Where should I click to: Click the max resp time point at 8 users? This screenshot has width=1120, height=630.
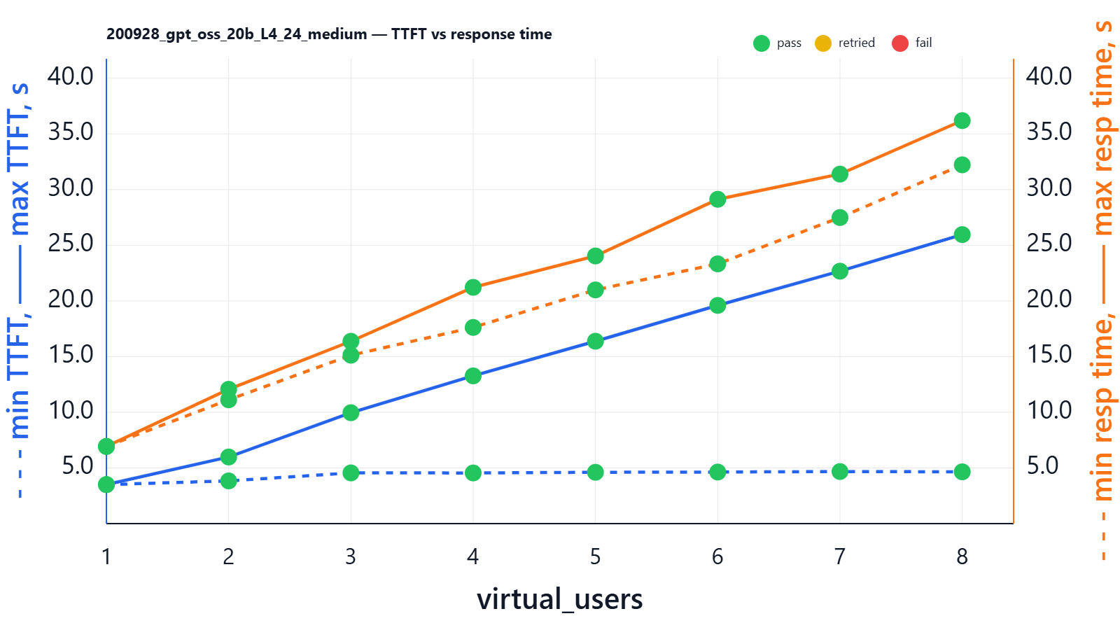[x=962, y=120]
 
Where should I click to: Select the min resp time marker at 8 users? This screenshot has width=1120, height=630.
[x=962, y=164]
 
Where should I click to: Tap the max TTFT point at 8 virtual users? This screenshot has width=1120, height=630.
[x=962, y=234]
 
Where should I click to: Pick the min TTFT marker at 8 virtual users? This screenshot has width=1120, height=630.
[x=962, y=472]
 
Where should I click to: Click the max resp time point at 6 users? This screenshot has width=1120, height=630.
[x=717, y=199]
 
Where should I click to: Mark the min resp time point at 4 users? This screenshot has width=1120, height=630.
[x=473, y=328]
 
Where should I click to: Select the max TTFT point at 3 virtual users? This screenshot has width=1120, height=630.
[x=351, y=412]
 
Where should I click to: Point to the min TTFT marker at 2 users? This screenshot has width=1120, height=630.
[x=228, y=481]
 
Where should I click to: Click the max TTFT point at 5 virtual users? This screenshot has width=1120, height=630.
[x=596, y=341]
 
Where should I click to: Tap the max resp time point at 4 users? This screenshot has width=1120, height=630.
[x=473, y=287]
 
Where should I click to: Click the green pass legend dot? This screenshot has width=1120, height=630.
[x=762, y=43]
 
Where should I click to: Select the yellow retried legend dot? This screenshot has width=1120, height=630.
[x=823, y=43]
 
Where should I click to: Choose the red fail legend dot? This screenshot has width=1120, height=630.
[x=900, y=43]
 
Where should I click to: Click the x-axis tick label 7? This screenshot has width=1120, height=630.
[x=840, y=556]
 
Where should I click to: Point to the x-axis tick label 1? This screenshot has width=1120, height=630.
[x=106, y=556]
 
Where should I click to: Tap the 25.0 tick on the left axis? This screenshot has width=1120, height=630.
[x=70, y=244]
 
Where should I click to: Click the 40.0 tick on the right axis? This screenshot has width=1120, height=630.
[x=1049, y=76]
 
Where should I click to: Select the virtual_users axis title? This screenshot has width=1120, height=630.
[x=559, y=599]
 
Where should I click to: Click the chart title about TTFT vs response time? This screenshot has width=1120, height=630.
[x=329, y=34]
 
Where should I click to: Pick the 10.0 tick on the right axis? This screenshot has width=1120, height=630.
[x=1049, y=410]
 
